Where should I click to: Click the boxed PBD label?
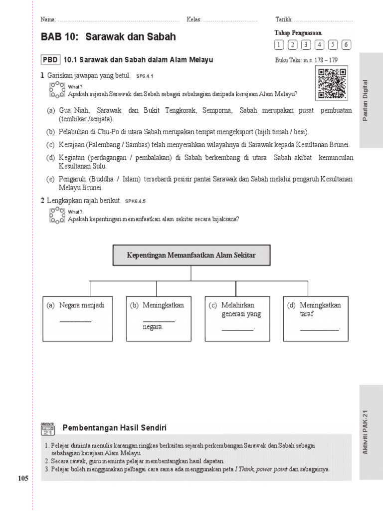(x=50, y=60)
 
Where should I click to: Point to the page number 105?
(x=23, y=479)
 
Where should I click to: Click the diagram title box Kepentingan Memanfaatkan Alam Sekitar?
(x=191, y=255)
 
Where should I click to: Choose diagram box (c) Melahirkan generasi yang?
(x=237, y=319)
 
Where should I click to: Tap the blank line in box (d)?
(x=319, y=329)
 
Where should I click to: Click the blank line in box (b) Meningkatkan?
(x=159, y=320)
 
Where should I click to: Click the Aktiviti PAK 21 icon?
(x=48, y=429)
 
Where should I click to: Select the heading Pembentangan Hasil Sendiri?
(x=114, y=428)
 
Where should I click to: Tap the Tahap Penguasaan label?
(x=298, y=33)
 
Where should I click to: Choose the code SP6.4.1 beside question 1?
(x=144, y=76)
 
